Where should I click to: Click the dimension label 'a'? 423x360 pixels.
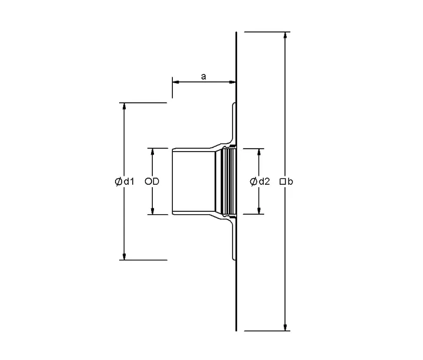(x=204, y=76)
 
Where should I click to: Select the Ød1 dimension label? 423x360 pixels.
(x=125, y=182)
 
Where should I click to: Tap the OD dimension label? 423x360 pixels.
(x=152, y=182)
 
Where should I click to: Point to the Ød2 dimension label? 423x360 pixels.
(x=260, y=182)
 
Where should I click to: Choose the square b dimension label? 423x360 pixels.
(x=286, y=182)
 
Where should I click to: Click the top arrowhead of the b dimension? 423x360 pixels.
(x=286, y=35)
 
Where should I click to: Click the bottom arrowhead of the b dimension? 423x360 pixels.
(x=286, y=327)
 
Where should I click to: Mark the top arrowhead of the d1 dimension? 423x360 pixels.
(x=124, y=107)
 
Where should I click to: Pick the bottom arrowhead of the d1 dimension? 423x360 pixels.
(x=124, y=256)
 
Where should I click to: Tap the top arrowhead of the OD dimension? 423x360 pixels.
(x=152, y=152)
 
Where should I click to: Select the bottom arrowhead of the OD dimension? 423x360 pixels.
(x=152, y=211)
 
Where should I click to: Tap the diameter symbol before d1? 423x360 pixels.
(x=119, y=182)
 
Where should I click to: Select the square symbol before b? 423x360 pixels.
(x=283, y=182)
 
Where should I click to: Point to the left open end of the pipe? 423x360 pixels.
(x=173, y=181)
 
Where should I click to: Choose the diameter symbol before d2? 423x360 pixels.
(x=253, y=182)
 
